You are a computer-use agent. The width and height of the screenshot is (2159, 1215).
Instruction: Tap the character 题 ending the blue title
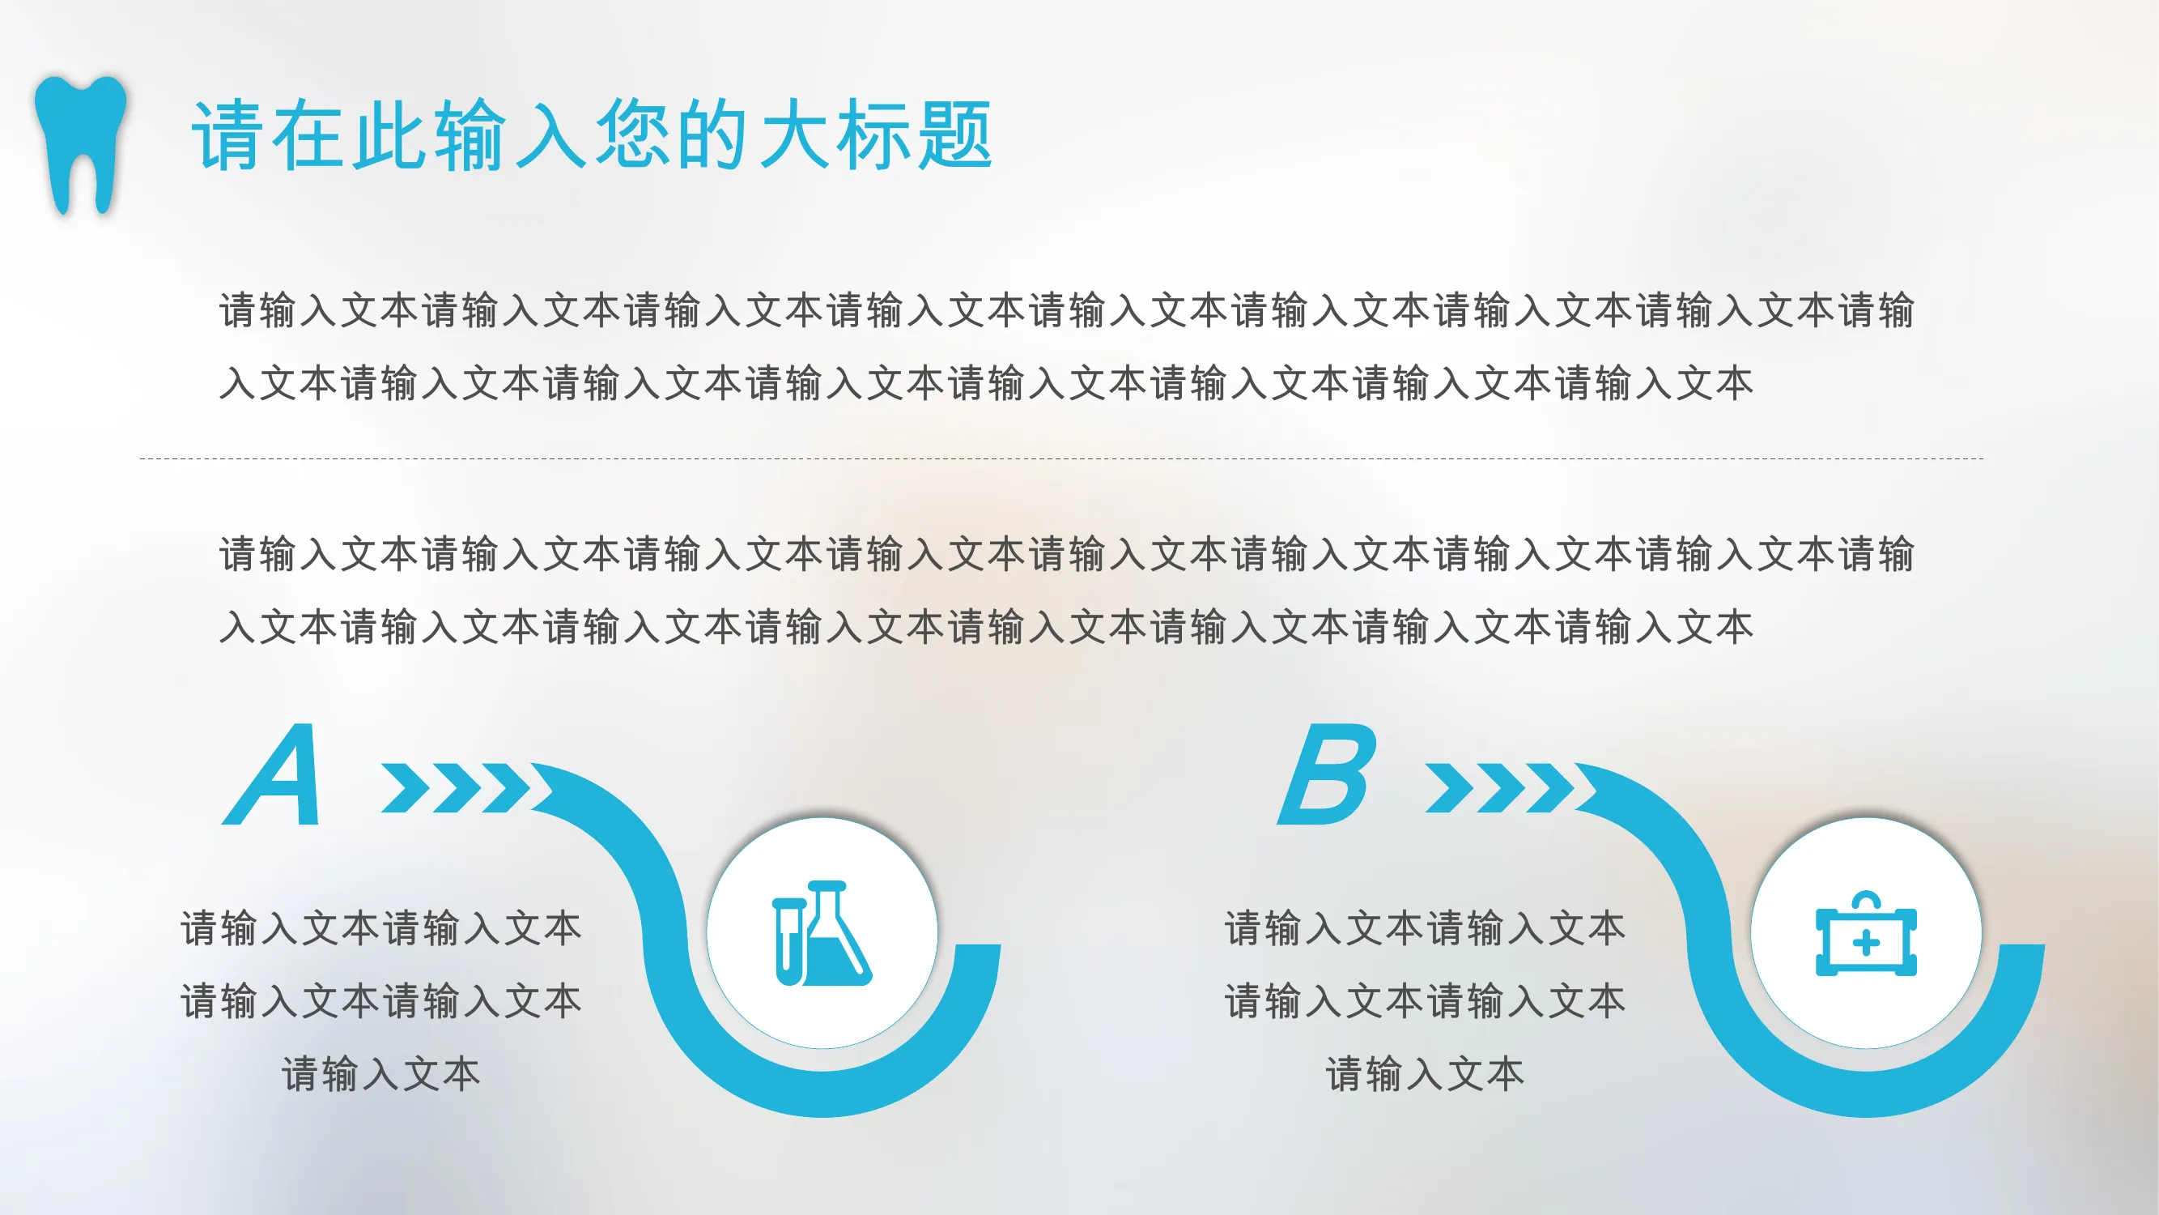click(x=955, y=135)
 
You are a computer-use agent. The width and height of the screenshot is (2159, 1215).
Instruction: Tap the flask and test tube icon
click(x=822, y=932)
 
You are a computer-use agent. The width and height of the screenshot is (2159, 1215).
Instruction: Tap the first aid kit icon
click(x=1867, y=933)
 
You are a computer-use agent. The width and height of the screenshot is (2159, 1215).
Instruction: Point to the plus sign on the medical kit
click(x=1867, y=944)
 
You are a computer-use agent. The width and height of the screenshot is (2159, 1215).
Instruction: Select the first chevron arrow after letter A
click(x=406, y=787)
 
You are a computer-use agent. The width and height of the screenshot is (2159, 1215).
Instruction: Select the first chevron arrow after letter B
click(x=1451, y=787)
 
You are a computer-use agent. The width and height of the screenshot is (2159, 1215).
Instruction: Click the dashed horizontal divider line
click(x=1061, y=458)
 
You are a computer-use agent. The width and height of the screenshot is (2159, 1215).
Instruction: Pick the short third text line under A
click(x=381, y=1074)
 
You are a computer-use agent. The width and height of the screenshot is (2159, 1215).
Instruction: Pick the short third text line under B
click(x=1425, y=1074)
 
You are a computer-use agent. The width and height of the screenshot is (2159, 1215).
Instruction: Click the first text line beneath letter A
click(x=381, y=929)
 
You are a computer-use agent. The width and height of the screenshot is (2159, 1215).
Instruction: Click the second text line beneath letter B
click(x=1425, y=1001)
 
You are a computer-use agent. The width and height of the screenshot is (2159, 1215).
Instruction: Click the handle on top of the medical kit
click(x=1867, y=902)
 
